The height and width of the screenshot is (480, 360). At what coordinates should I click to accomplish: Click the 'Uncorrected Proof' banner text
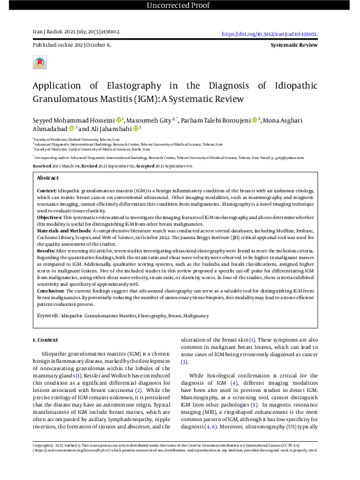click(180, 6)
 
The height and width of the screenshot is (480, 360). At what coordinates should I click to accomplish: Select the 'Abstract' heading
click(47, 178)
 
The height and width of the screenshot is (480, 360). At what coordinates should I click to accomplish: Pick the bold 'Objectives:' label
click(51, 217)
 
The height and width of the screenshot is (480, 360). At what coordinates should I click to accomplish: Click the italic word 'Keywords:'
click(47, 316)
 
